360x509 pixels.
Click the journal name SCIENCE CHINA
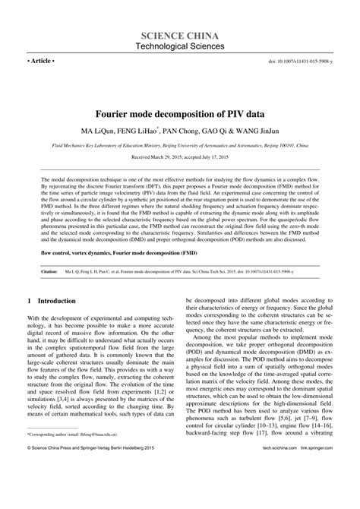180,36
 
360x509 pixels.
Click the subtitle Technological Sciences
180,47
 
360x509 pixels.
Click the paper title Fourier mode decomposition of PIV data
180,96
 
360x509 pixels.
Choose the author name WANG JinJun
270,113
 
